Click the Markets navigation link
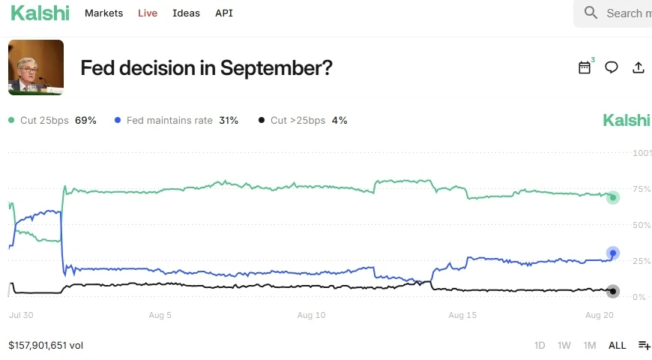[x=103, y=13]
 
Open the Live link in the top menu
[x=148, y=13]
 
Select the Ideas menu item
[x=186, y=13]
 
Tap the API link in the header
[x=224, y=13]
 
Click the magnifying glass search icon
[x=591, y=13]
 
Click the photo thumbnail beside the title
[x=36, y=67]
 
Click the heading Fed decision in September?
[x=206, y=68]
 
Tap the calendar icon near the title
[x=585, y=67]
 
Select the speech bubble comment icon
[x=612, y=67]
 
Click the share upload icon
[x=639, y=67]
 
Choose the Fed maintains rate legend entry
[x=176, y=120]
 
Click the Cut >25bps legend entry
[x=303, y=120]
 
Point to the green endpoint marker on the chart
[x=613, y=197]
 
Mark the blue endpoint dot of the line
[x=613, y=253]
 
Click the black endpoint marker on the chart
[x=613, y=291]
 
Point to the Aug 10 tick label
[x=312, y=316]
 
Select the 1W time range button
[x=564, y=346]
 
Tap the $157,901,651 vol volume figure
[x=46, y=346]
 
